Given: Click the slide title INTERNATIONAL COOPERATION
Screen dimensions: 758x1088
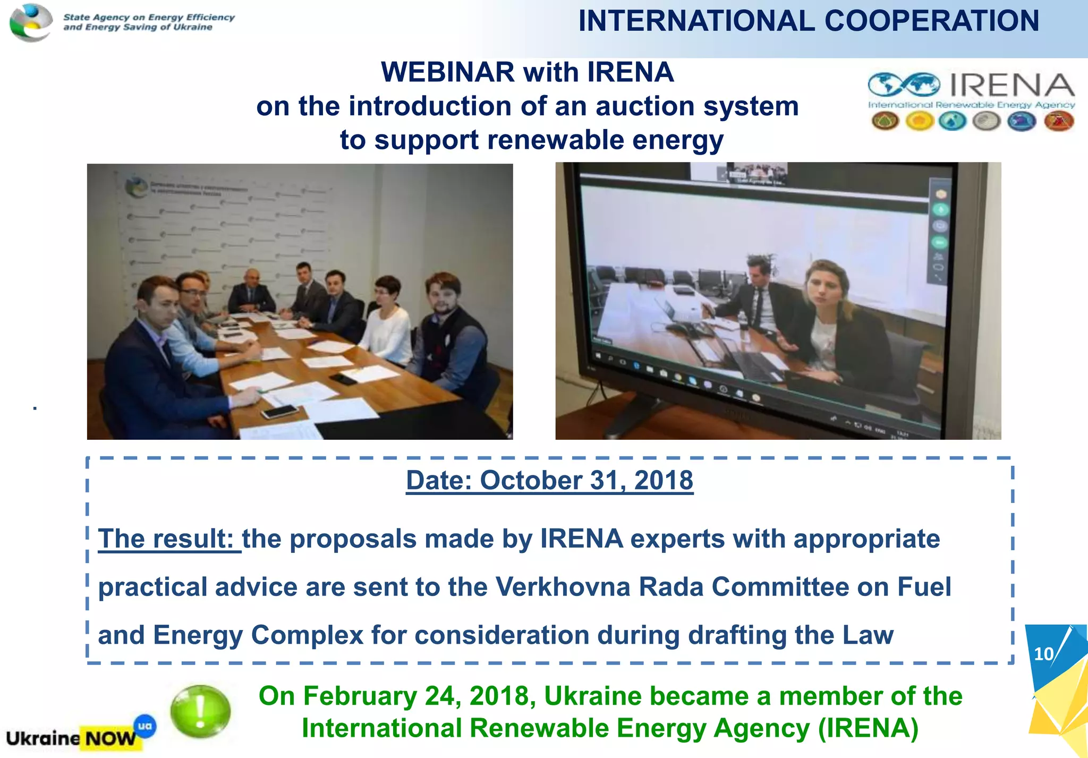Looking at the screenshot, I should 808,21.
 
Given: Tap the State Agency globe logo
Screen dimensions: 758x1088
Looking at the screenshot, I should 31,22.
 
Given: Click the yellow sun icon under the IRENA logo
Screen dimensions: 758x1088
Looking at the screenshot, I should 920,122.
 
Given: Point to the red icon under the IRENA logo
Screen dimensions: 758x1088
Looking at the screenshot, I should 1059,122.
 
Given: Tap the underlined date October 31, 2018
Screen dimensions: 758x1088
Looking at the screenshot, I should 549,480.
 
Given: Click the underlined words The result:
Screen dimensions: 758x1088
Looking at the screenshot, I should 169,539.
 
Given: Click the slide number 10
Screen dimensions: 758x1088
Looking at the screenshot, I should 1043,653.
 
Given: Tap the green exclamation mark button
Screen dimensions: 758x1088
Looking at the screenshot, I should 200,711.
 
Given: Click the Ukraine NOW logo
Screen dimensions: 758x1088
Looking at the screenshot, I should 72,738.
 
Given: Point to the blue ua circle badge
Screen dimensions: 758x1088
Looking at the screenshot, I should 145,726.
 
